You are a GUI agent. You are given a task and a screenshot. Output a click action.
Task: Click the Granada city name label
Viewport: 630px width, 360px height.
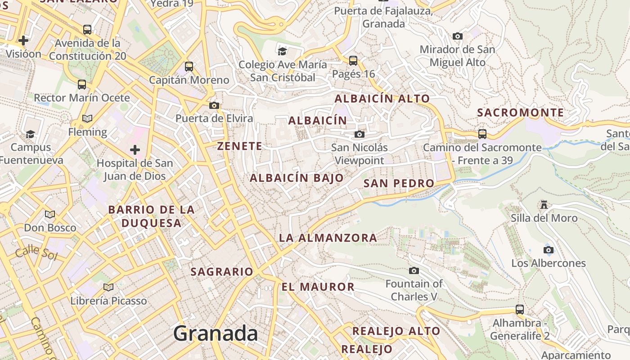click(x=216, y=333)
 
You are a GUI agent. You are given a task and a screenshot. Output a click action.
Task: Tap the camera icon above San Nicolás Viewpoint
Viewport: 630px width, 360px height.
click(x=359, y=134)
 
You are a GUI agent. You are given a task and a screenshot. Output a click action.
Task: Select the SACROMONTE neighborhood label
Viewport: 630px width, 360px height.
click(x=520, y=112)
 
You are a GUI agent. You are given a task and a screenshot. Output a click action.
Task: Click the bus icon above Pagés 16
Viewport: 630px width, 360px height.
click(x=353, y=60)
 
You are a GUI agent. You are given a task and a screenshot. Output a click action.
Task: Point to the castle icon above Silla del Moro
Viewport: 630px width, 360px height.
click(x=544, y=205)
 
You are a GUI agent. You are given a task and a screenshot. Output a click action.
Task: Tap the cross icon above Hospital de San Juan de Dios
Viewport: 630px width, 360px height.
click(x=135, y=150)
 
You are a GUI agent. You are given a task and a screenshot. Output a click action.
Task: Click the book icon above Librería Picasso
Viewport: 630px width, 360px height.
click(x=108, y=287)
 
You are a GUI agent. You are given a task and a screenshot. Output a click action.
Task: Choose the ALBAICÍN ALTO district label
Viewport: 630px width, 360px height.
click(x=382, y=99)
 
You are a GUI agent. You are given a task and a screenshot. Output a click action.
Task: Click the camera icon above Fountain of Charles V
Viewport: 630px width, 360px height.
click(x=414, y=270)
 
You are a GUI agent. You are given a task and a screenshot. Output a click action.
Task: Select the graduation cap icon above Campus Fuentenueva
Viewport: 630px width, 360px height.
click(x=31, y=134)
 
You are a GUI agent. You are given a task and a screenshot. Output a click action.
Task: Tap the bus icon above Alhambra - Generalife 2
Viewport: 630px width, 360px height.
click(x=520, y=310)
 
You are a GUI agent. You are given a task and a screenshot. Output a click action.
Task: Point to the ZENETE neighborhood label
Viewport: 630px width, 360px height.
click(x=239, y=146)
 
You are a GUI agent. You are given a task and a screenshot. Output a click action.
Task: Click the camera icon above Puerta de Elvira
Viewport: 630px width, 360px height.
click(x=214, y=106)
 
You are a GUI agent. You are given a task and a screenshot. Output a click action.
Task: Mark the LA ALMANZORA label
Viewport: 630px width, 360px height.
click(x=328, y=238)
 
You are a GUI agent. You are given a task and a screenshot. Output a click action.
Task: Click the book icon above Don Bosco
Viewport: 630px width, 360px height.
click(x=50, y=214)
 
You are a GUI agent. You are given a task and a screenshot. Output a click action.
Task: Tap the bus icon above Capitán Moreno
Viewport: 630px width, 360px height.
click(x=189, y=67)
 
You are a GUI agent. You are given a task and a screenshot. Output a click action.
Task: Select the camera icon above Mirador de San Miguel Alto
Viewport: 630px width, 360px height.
click(x=458, y=36)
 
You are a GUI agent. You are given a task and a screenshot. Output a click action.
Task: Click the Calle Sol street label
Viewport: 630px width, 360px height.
click(x=33, y=253)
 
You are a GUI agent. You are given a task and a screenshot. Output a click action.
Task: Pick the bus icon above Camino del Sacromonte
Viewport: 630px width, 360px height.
click(x=482, y=134)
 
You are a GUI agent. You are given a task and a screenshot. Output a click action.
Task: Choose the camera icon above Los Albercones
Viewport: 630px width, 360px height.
click(x=548, y=250)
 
